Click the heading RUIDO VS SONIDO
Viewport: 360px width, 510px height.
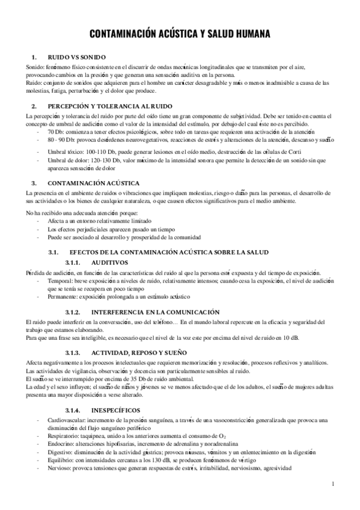(x=78, y=56)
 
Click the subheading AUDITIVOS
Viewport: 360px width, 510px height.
(x=110, y=263)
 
